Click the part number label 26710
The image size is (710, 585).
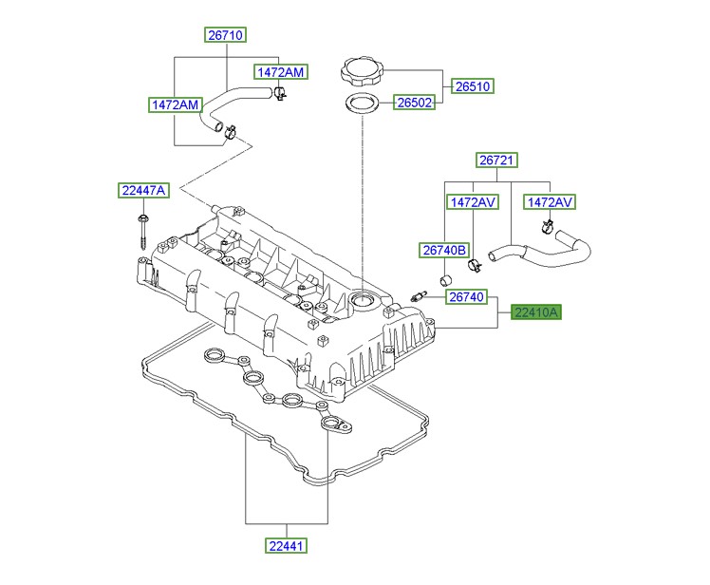pos(226,35)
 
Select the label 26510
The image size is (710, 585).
pos(473,86)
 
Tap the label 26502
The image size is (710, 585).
pos(413,103)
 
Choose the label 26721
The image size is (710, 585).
pos(497,161)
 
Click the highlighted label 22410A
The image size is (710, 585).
pos(537,311)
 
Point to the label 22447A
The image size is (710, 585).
pos(143,191)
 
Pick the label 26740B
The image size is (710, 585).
pos(444,251)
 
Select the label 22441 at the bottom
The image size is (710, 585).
pos(286,545)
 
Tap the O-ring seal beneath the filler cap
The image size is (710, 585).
pos(361,103)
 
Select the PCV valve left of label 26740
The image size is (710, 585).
pos(415,296)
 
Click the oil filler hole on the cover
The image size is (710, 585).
pos(363,303)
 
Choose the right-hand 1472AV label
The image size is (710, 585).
pos(551,202)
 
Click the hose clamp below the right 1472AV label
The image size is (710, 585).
pos(547,227)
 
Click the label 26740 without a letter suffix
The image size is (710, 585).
pos(467,297)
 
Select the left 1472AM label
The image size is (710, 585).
pos(173,104)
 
